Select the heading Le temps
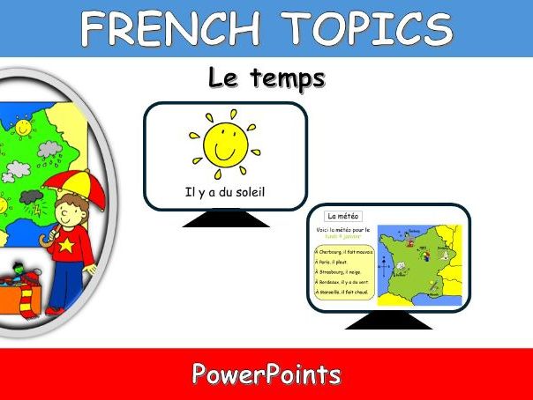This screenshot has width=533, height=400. (x=266, y=78)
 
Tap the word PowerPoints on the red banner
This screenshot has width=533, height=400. (x=266, y=374)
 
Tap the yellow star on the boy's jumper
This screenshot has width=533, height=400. (x=64, y=247)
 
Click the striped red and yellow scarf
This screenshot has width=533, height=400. (x=32, y=291)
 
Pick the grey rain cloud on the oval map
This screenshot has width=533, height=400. (x=49, y=149)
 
